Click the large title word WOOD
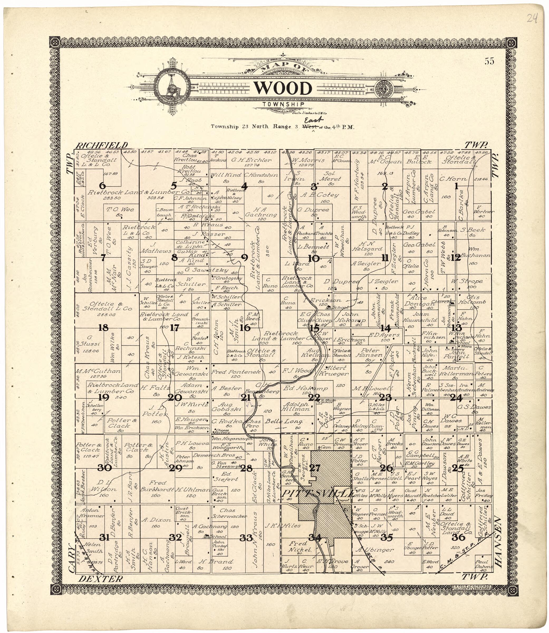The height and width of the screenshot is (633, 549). [283, 89]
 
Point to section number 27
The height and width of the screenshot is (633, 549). [315, 468]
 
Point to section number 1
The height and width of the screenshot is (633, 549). [456, 186]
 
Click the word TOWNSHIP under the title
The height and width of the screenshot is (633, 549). [283, 104]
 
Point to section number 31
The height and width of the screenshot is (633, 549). [104, 538]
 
